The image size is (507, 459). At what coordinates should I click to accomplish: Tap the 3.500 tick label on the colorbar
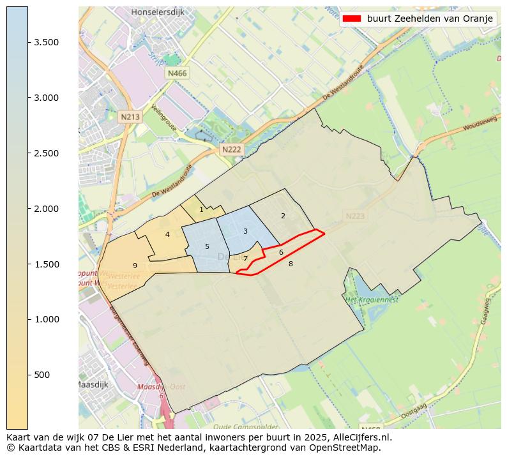point(47,42)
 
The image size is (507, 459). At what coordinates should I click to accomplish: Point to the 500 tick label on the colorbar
point(42,375)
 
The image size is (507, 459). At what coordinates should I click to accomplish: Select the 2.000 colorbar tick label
point(47,209)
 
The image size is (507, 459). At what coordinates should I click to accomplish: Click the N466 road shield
point(177,73)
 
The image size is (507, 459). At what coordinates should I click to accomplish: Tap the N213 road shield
point(130,117)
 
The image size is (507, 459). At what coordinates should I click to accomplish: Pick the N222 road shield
point(231,149)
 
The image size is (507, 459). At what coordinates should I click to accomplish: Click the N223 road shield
point(355,216)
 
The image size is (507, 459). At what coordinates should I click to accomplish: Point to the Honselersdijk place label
point(156,12)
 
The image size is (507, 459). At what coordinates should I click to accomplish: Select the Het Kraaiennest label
point(372,299)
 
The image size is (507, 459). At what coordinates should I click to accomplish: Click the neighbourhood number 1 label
point(201,209)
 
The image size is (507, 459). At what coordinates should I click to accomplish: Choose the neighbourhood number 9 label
point(135,266)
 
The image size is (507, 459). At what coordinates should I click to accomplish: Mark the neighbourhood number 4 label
point(167,234)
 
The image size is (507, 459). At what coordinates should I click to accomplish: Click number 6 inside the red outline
point(281,252)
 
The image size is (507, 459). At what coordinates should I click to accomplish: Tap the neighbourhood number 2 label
point(283,216)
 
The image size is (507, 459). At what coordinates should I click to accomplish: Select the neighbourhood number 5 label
point(207,246)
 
